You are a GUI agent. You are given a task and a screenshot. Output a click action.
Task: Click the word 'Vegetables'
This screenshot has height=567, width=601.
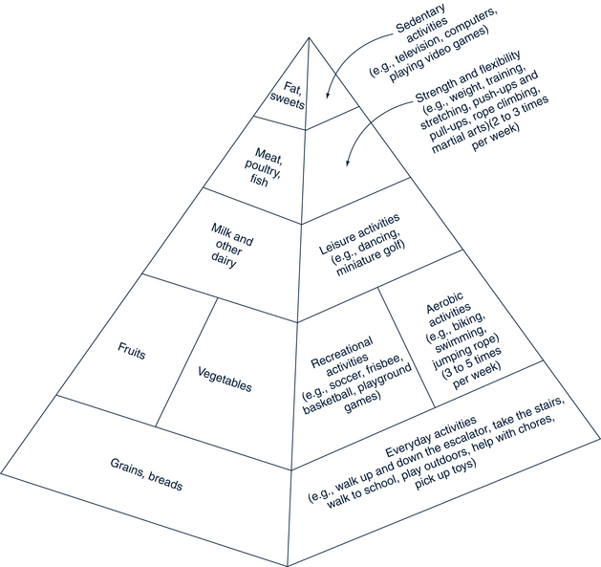click(x=225, y=379)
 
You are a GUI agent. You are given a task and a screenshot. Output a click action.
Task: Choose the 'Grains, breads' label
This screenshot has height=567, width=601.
click(x=145, y=475)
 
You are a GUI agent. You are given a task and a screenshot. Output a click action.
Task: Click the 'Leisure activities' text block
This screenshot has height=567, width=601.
click(x=360, y=238)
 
